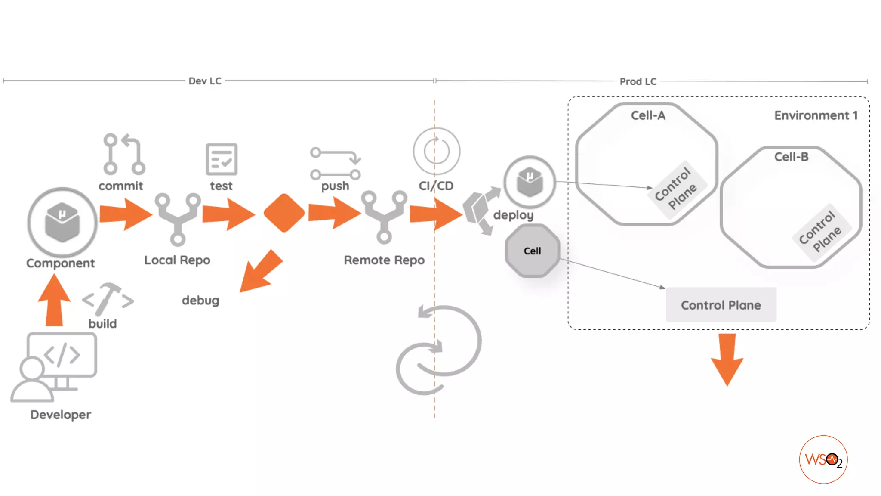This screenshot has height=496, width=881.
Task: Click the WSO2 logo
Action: click(823, 459)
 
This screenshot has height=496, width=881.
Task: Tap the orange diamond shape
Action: click(283, 213)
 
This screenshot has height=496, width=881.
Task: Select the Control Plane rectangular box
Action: click(721, 305)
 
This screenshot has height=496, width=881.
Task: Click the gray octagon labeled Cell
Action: click(532, 251)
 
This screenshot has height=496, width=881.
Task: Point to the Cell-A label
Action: click(648, 115)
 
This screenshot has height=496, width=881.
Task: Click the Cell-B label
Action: click(791, 157)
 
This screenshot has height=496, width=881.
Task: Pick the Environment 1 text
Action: click(816, 115)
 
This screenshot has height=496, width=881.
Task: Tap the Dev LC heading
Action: click(205, 81)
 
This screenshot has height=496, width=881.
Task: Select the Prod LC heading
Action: click(638, 81)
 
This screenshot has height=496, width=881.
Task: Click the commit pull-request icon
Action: click(124, 154)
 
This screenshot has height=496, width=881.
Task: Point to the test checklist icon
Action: click(222, 159)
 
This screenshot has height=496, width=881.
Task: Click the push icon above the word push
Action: click(335, 164)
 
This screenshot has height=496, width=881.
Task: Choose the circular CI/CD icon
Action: click(436, 151)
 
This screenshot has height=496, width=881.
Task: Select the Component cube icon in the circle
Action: click(62, 222)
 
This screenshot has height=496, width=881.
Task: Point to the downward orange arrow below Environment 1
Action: click(727, 359)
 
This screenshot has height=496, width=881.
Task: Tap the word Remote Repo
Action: click(384, 260)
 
